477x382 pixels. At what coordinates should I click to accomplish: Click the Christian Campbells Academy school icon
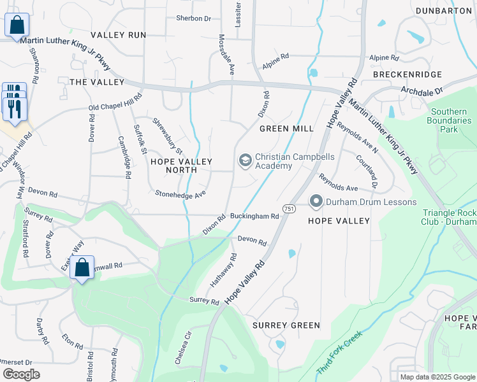244,161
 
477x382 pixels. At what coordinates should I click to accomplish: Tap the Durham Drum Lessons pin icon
316,202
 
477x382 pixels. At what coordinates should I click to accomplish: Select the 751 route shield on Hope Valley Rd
289,209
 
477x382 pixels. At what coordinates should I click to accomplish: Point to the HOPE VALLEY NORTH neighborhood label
180,166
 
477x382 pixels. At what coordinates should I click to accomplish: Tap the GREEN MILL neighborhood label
286,129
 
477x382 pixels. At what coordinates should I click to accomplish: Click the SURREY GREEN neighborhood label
286,325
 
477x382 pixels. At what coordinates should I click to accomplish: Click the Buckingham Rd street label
255,216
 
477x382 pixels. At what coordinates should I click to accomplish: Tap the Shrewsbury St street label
167,136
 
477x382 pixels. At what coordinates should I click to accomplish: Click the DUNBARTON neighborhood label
444,11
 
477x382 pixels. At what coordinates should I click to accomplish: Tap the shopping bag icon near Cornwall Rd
82,268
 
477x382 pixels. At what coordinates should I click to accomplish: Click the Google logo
21,374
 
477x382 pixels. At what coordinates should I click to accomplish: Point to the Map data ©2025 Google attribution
437,377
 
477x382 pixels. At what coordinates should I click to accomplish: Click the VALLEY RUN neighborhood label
118,35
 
